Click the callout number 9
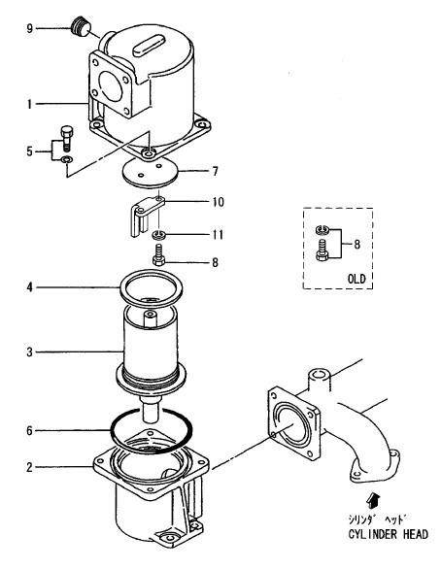(x=30, y=28)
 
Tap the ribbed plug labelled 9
(x=81, y=26)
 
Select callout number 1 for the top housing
(x=30, y=104)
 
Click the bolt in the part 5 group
(x=66, y=138)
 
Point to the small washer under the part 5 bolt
(x=67, y=159)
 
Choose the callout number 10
(x=219, y=202)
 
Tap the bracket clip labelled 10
(x=145, y=216)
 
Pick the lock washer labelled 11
(x=159, y=234)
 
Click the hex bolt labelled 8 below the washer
(x=158, y=255)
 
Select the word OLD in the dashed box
(x=356, y=279)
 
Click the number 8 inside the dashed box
(x=357, y=245)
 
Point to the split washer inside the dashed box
(x=322, y=228)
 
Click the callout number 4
(x=30, y=287)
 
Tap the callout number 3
(x=30, y=352)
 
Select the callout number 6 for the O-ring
(x=30, y=431)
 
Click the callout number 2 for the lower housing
(x=30, y=467)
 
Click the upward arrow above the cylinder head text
(x=373, y=500)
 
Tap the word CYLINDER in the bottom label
(x=373, y=534)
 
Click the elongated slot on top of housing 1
(x=149, y=45)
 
